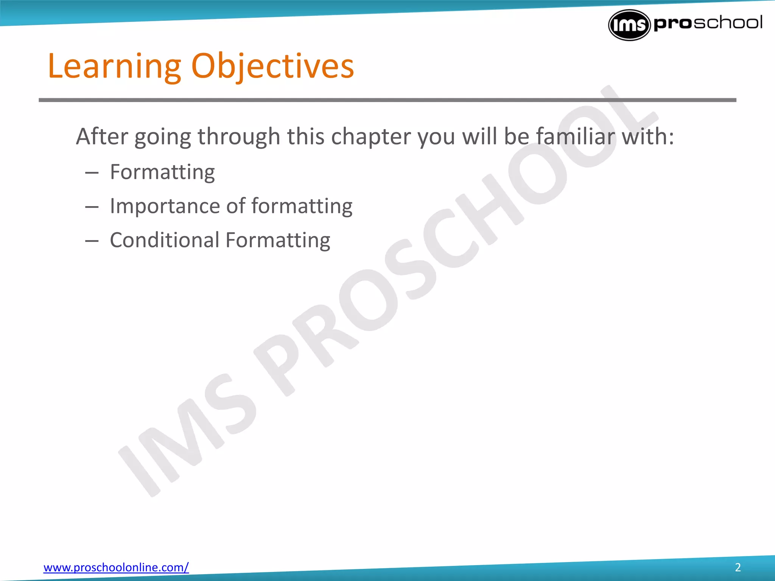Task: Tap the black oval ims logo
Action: click(x=629, y=25)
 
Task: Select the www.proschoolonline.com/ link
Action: click(x=116, y=567)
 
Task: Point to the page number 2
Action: click(x=738, y=567)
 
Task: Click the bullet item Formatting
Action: click(x=162, y=172)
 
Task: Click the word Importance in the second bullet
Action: click(x=165, y=207)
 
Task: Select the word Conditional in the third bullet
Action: click(x=165, y=240)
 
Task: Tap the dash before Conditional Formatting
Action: click(x=92, y=241)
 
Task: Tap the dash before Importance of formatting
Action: click(x=92, y=207)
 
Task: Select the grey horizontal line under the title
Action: click(x=387, y=100)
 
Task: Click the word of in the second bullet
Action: click(x=236, y=207)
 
